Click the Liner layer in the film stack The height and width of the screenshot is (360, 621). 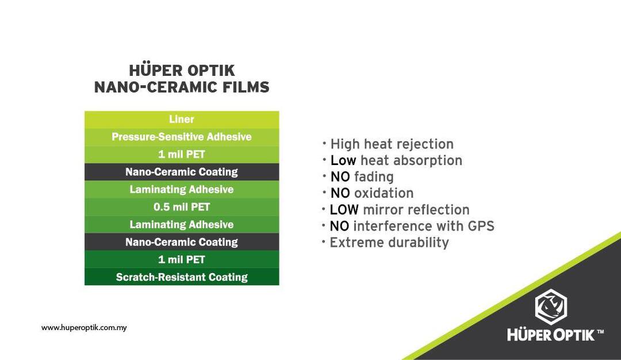[x=182, y=120]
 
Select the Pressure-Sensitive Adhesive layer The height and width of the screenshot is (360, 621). [x=182, y=137]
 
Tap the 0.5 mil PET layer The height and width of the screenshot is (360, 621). [x=182, y=207]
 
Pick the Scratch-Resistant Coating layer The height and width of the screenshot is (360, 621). [x=182, y=277]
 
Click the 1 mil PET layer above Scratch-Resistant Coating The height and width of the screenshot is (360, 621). [x=182, y=259]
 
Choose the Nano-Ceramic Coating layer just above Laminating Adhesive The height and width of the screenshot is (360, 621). [x=182, y=172]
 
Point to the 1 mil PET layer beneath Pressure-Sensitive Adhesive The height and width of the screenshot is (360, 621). [x=182, y=155]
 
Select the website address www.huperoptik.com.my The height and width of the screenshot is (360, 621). [x=84, y=328]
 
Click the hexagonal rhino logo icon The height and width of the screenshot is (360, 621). [x=551, y=307]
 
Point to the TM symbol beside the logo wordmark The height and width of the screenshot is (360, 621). [x=600, y=332]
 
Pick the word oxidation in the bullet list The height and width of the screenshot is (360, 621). [x=384, y=193]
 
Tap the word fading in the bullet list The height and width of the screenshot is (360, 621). [x=374, y=177]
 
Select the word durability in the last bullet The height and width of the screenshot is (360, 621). [x=419, y=243]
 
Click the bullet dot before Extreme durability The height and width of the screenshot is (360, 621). [x=324, y=240]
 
